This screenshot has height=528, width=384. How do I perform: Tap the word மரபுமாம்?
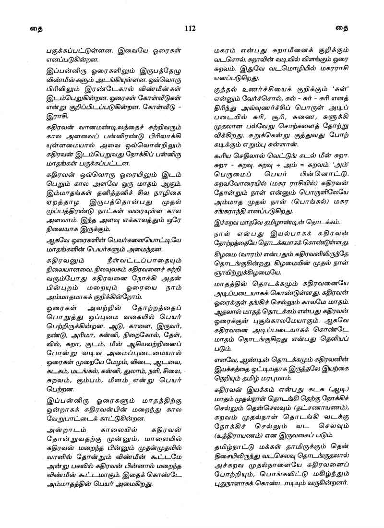click(279, 378)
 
